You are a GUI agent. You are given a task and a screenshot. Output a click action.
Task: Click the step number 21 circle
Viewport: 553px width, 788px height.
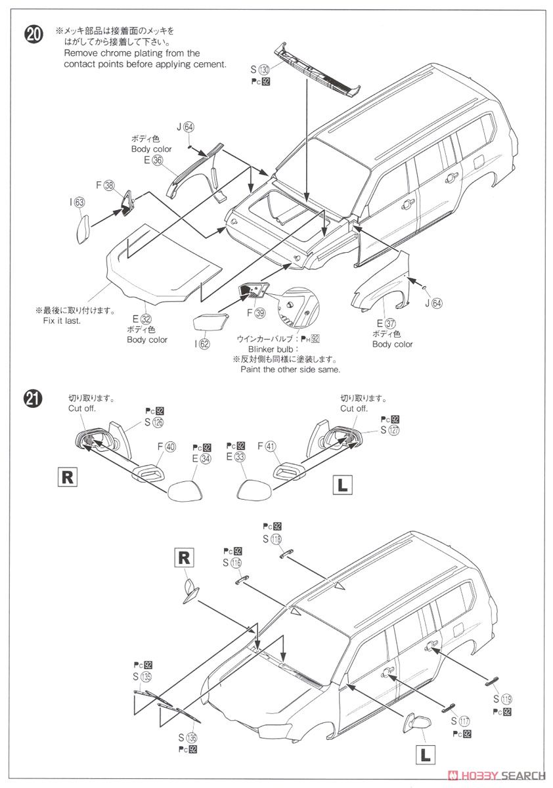pos(33,399)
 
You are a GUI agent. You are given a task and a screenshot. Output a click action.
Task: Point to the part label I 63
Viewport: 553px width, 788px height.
pos(77,203)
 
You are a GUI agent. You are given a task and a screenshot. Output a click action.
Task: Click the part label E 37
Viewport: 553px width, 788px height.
pos(387,324)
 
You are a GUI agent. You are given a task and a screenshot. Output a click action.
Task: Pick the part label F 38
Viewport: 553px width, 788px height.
pos(105,185)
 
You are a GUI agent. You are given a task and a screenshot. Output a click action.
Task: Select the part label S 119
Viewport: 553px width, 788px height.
pos(501,698)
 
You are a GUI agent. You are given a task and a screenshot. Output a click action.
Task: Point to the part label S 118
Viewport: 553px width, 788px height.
pos(271,538)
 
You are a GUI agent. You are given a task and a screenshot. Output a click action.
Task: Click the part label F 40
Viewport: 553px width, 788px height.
pos(166,447)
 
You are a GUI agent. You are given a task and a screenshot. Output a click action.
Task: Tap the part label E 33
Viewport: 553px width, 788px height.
pos(234,458)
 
